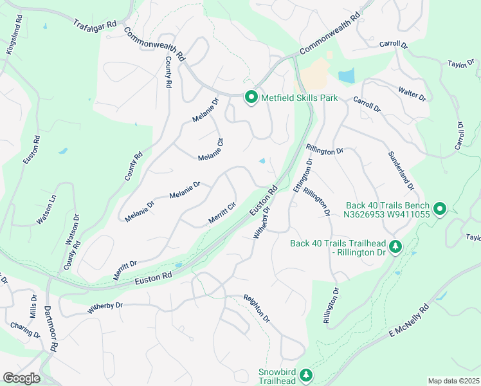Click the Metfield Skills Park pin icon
[251, 98]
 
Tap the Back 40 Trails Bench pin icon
[440, 208]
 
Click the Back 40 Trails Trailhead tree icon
[396, 246]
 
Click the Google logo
[21, 378]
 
